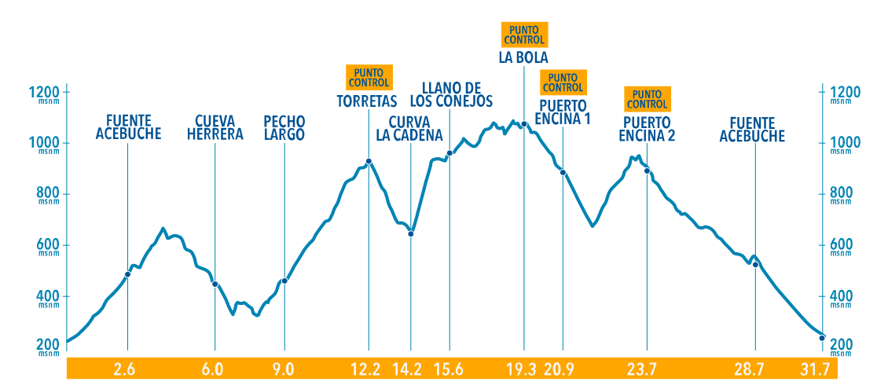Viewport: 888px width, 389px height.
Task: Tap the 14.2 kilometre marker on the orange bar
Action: (410, 369)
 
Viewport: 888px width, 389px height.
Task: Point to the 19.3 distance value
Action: (522, 369)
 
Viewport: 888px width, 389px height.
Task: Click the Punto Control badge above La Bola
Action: (523, 34)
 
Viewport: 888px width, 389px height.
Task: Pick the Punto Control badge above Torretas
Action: (369, 77)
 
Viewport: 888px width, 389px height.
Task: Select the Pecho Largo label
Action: (284, 127)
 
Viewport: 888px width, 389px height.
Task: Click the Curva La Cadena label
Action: (409, 128)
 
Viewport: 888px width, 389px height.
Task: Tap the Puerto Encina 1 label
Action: (563, 112)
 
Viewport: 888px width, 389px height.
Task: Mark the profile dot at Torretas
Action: (369, 161)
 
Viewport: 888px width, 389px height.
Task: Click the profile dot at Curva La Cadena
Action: (410, 233)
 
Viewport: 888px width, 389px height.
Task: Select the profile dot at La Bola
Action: (523, 124)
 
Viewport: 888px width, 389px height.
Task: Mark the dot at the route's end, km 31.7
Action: (821, 338)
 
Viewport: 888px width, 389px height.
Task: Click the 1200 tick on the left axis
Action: (45, 92)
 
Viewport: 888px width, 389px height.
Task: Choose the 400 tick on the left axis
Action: (47, 296)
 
